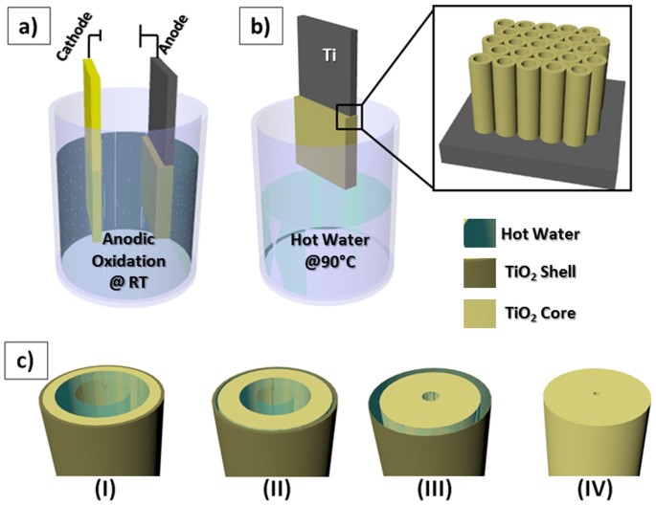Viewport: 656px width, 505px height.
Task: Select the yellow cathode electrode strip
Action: click(99, 143)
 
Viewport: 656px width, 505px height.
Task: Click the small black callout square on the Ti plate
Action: click(349, 117)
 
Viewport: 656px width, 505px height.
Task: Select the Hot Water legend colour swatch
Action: click(477, 232)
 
